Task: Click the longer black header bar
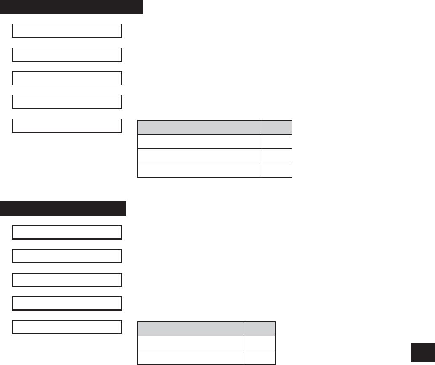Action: [x=72, y=7]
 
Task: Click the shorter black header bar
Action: [x=63, y=209]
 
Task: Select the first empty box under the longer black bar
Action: [x=67, y=31]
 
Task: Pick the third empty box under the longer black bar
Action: [x=67, y=78]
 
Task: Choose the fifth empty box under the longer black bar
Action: [x=67, y=126]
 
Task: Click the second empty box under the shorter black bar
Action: [x=67, y=256]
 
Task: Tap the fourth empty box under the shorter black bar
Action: [x=67, y=304]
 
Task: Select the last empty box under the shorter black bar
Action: [x=67, y=327]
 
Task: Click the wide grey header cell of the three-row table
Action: [x=199, y=127]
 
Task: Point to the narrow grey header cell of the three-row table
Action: [x=276, y=127]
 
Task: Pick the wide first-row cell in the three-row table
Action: [x=199, y=141]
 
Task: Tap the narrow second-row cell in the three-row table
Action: [x=276, y=156]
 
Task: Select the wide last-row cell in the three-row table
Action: [x=199, y=170]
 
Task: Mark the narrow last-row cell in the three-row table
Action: [x=276, y=170]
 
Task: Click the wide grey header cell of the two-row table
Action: [x=191, y=329]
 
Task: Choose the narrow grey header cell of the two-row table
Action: [x=260, y=329]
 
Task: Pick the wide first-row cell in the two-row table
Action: [x=191, y=343]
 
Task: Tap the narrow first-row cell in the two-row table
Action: [x=260, y=343]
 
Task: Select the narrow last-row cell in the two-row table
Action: [x=260, y=357]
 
